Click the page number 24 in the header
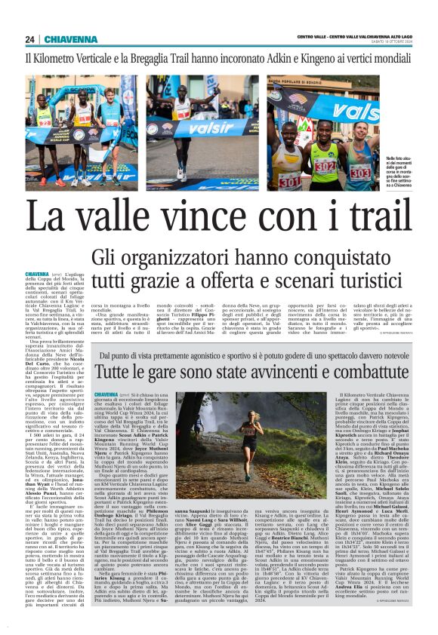(x=29, y=39)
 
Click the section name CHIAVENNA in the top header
(x=66, y=39)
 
